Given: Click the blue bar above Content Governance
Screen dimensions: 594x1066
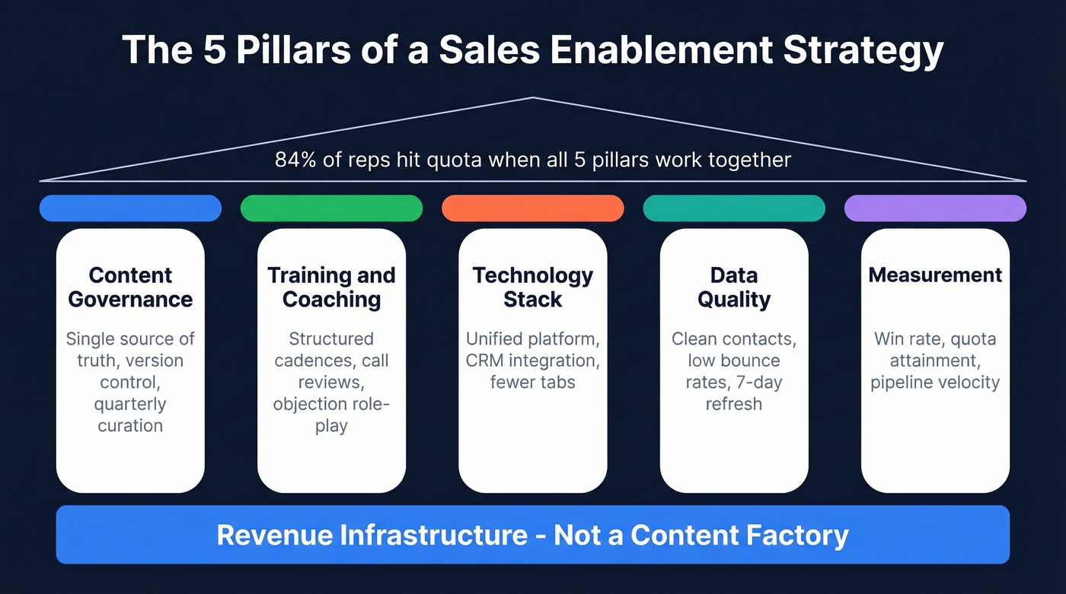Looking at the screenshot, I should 130,208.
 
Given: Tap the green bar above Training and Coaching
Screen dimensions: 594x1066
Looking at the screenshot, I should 331,208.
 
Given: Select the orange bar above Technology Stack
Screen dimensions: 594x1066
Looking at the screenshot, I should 533,208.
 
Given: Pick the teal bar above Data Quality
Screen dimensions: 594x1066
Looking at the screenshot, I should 734,208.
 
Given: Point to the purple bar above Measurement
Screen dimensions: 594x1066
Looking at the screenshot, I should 935,208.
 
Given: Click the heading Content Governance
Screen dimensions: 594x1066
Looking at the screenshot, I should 130,287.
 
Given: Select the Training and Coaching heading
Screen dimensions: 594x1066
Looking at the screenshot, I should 331,287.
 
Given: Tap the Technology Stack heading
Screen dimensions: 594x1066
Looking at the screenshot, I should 533,287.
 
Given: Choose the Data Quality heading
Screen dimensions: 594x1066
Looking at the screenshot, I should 734,287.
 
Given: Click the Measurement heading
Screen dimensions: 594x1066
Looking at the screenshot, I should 935,275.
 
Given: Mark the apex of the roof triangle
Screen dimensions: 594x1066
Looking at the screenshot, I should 533,97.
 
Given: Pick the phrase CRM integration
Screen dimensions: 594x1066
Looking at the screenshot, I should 533,360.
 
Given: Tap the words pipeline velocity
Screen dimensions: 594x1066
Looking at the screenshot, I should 935,382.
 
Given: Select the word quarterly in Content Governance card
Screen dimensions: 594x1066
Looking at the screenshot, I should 130,404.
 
